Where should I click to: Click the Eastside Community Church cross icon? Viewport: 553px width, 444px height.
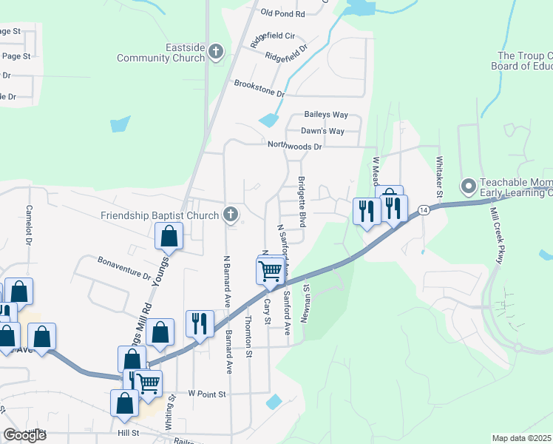(x=216, y=52)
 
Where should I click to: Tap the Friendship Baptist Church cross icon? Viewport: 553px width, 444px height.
(x=231, y=215)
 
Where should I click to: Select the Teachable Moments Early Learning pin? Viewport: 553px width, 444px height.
(x=467, y=186)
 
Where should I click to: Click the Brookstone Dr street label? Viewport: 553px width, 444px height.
(x=259, y=89)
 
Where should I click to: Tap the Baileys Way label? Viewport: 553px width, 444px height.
(x=326, y=115)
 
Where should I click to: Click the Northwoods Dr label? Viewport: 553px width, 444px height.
(x=295, y=147)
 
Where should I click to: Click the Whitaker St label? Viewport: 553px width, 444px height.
(x=439, y=175)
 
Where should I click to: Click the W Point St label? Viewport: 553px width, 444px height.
(x=206, y=394)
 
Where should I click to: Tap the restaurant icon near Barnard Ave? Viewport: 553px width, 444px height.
(x=200, y=323)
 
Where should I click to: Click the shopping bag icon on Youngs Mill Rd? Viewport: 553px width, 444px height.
(x=169, y=237)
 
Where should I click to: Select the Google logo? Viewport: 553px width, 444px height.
(x=24, y=435)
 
